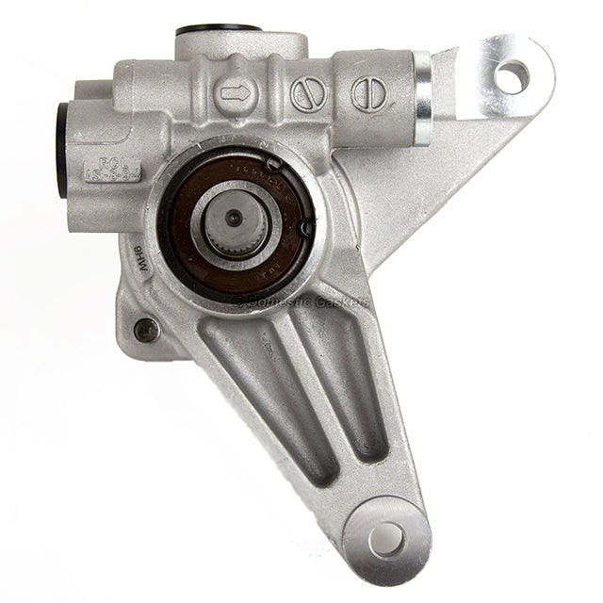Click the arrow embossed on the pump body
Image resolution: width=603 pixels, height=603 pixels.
tap(234, 93)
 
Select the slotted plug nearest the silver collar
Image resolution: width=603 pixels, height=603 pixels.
tap(368, 93)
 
